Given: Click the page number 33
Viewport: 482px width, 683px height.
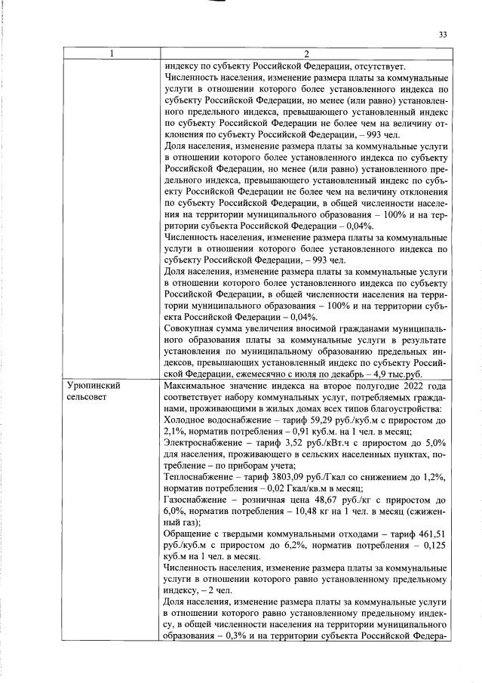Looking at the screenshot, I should tap(443, 34).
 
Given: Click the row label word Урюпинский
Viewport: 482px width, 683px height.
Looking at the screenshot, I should tap(95, 385).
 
